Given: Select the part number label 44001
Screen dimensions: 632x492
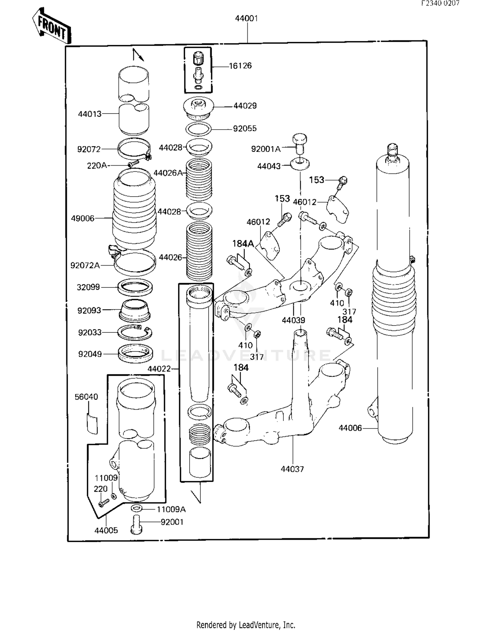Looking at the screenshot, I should [x=246, y=19].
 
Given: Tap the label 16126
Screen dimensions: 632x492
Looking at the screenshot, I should [x=240, y=66].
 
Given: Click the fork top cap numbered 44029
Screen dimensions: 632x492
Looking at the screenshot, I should [x=198, y=107].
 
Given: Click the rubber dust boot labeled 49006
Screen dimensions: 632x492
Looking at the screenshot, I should [x=134, y=210].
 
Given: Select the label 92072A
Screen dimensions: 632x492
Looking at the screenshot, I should [x=85, y=265].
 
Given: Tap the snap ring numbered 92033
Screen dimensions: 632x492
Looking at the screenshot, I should [x=135, y=333].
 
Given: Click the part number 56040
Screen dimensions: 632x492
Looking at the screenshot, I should [x=86, y=397].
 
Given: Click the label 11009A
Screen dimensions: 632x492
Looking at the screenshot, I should [x=171, y=509].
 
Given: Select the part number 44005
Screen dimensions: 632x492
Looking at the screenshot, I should [x=106, y=530].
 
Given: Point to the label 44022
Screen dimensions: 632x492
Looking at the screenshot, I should [x=159, y=369].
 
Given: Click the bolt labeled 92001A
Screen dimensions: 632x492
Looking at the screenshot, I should [x=299, y=143].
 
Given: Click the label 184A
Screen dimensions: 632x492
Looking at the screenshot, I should [x=243, y=244].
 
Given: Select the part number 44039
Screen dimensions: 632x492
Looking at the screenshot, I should [x=293, y=320].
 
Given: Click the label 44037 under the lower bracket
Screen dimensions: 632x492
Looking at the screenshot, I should [x=292, y=469].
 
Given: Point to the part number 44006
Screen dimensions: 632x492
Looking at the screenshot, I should [x=350, y=428].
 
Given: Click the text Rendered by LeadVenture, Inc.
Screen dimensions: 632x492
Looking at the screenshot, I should [x=246, y=624].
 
